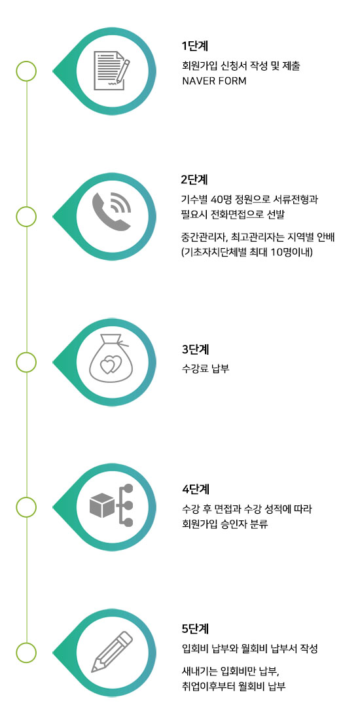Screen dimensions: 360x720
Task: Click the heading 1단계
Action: point(195,46)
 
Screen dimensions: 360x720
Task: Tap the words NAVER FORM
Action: point(214,81)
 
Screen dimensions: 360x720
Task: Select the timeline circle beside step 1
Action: point(26,71)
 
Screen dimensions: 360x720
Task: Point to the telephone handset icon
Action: point(111,211)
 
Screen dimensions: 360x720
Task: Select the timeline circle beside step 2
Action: point(26,216)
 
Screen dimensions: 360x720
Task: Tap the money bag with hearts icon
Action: point(109,361)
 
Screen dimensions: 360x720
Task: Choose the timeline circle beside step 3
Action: point(26,362)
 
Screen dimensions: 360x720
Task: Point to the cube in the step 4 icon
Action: point(102,505)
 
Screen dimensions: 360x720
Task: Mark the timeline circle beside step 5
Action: point(26,653)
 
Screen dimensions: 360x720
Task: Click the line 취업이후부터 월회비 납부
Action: point(234,687)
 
